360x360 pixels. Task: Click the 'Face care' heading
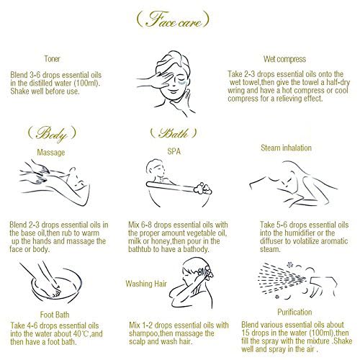(173, 19)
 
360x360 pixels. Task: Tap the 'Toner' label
(52, 59)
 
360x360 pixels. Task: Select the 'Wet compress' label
(284, 59)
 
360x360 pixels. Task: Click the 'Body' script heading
(52, 133)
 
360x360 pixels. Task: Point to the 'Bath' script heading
(174, 133)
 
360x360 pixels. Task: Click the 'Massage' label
(51, 153)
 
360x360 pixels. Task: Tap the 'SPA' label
(174, 151)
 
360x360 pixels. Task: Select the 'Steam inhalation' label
(286, 148)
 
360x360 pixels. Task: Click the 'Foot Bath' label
(55, 315)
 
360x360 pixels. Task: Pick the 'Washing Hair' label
(146, 284)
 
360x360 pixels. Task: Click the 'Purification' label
(294, 312)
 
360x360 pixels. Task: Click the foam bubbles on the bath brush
(203, 189)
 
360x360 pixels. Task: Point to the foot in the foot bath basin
(55, 290)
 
